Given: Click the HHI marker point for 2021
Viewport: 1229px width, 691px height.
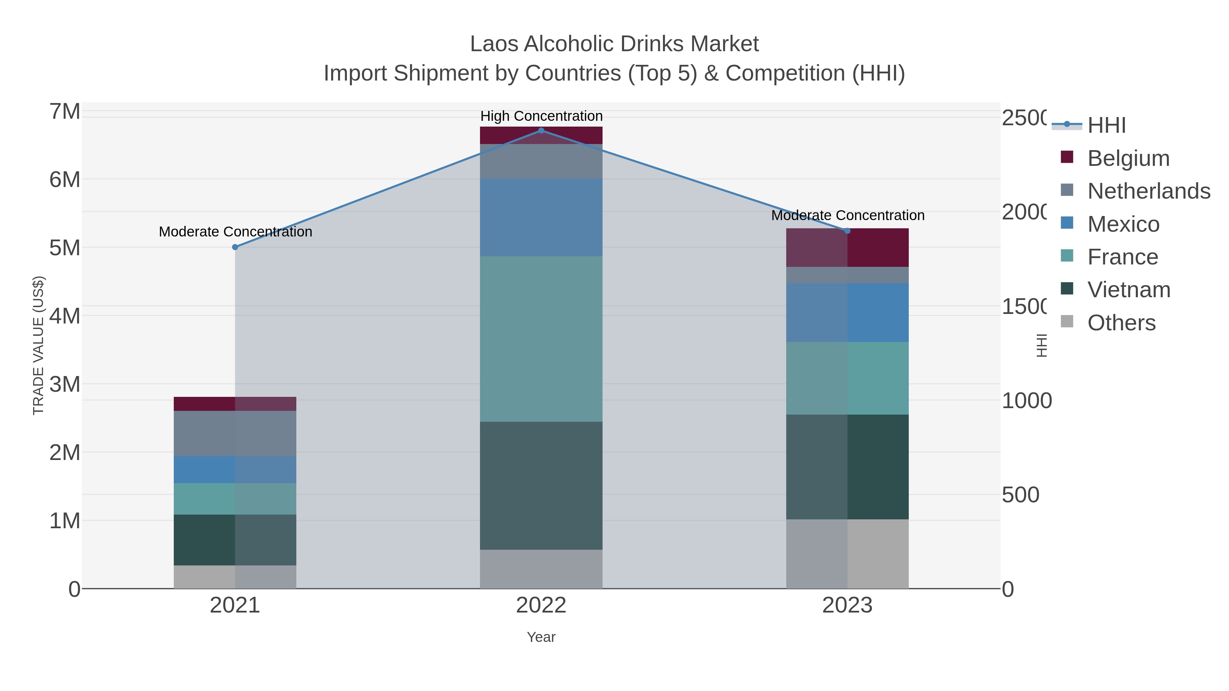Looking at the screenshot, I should click(235, 247).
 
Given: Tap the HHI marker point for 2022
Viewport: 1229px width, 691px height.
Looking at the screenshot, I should click(541, 130).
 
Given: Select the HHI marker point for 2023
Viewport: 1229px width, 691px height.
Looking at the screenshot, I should click(847, 231).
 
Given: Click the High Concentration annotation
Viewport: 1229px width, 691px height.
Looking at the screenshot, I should click(541, 116).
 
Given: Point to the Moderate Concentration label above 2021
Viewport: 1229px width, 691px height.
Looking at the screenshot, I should click(235, 232).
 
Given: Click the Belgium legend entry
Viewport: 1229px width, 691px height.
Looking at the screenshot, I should click(1128, 158).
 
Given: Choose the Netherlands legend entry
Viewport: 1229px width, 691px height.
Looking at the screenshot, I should click(1148, 191).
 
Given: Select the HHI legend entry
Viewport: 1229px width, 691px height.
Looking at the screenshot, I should click(1106, 126).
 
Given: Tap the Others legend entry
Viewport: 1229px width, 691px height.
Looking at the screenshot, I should click(1121, 323).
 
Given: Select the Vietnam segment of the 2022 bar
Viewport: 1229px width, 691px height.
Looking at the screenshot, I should click(541, 486).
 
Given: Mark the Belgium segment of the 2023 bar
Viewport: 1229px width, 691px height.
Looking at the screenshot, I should click(847, 247).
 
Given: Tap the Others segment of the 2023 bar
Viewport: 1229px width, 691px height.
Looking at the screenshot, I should click(847, 554).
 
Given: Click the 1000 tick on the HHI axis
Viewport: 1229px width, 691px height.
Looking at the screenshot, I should click(1026, 401).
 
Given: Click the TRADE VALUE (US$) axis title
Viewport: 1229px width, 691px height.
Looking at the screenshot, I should click(38, 345).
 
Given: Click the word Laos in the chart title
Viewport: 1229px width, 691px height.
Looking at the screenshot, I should click(494, 44).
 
